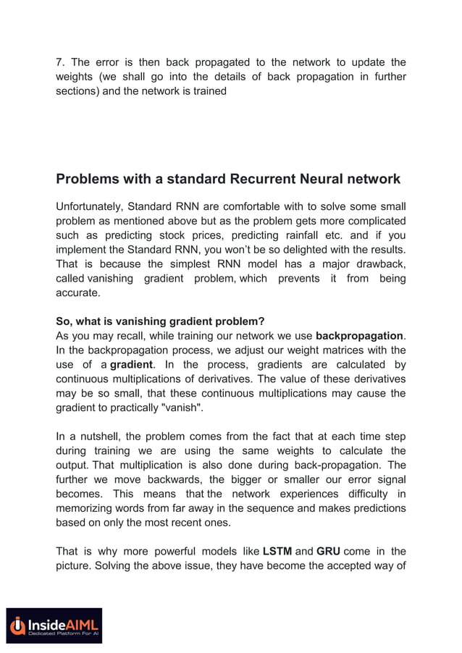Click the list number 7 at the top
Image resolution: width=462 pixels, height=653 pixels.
pyautogui.click(x=60, y=62)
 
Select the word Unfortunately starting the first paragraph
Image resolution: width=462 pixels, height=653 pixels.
pyautogui.click(x=89, y=206)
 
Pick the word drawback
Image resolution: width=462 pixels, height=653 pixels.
pyautogui.click(x=379, y=264)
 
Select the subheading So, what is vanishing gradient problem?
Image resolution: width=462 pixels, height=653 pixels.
pyautogui.click(x=161, y=321)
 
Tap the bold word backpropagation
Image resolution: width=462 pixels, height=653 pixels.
pyautogui.click(x=359, y=336)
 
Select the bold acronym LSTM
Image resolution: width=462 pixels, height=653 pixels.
pyautogui.click(x=277, y=552)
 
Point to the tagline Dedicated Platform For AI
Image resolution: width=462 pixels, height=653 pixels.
pyautogui.click(x=63, y=635)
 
